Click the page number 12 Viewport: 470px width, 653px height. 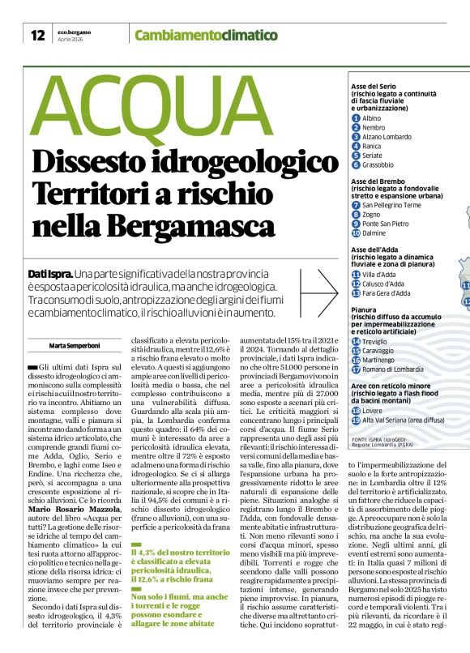(x=37, y=35)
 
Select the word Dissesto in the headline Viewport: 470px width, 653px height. (x=96, y=161)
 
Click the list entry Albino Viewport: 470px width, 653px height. (x=371, y=118)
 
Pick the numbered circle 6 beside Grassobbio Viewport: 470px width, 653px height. (x=356, y=164)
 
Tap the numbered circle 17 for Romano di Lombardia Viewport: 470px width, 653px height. (x=356, y=369)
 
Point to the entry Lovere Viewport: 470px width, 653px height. (x=374, y=411)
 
